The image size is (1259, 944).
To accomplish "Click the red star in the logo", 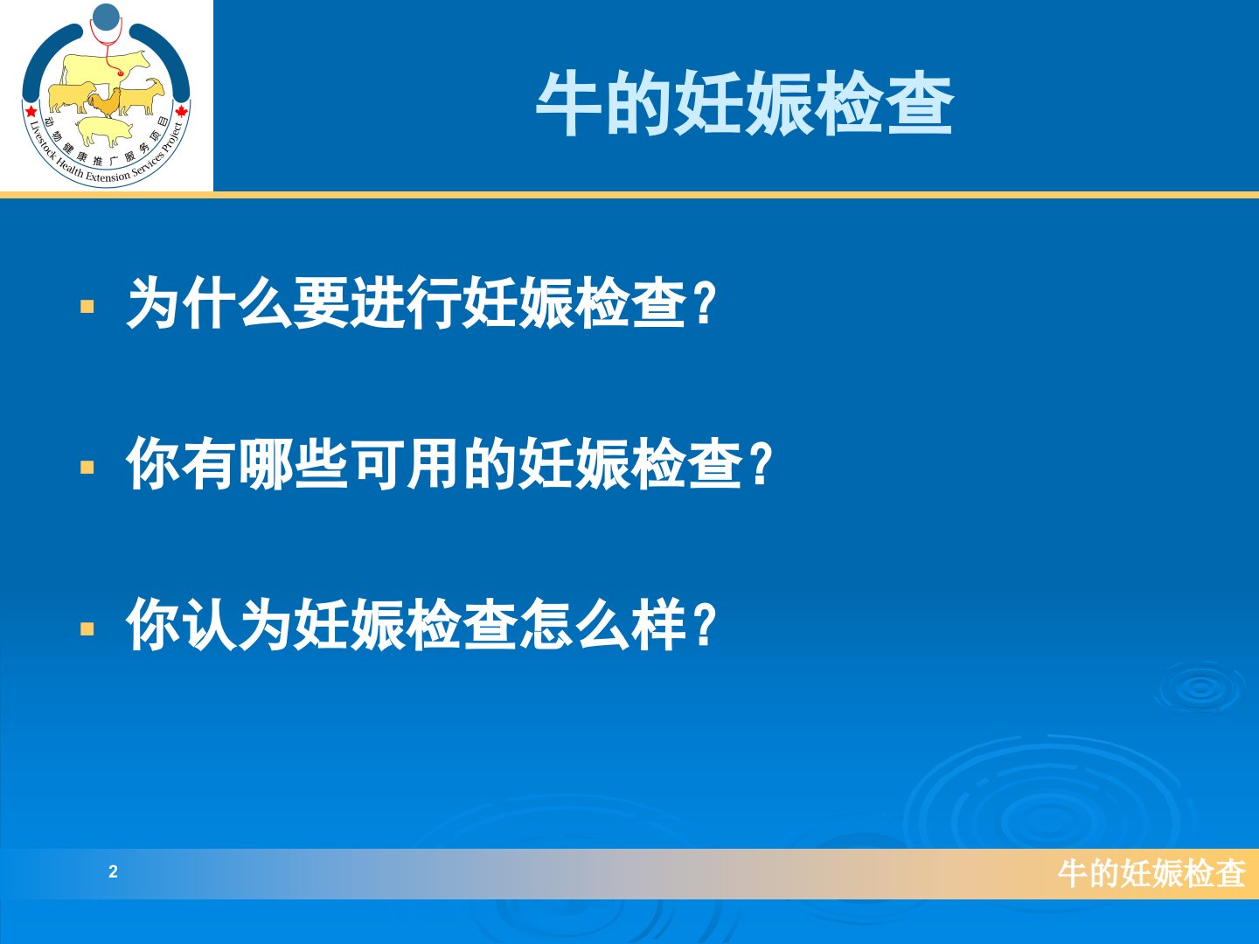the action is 31,111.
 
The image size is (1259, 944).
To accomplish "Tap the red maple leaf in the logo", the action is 182,111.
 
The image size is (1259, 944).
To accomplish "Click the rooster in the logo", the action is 104,103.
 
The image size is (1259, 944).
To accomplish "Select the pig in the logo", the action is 104,131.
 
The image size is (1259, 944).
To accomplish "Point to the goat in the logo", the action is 142,96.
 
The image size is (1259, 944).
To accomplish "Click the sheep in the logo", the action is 71,97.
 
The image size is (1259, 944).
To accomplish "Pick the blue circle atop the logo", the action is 106,17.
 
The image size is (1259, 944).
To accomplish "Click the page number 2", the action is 113,871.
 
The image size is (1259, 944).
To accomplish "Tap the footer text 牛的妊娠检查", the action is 1151,873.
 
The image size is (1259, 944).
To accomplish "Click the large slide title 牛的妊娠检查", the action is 745,104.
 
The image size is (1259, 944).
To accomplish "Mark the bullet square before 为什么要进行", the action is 87,306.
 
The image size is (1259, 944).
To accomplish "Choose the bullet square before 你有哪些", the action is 87,467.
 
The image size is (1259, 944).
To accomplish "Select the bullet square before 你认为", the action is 87,628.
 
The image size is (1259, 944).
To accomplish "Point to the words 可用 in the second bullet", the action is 406,462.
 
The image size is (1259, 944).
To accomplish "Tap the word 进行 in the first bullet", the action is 406,302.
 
